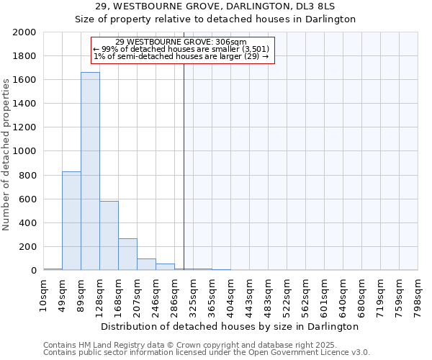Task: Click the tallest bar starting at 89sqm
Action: [90, 171]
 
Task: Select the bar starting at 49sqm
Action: [71, 221]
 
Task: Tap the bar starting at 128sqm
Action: [109, 235]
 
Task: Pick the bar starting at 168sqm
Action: [127, 254]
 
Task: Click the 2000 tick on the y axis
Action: [25, 32]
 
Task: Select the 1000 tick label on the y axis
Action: [25, 152]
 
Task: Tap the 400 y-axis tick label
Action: [28, 223]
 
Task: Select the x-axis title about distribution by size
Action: [230, 326]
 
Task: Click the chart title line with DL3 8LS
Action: [215, 6]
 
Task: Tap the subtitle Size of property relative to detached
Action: [215, 19]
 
